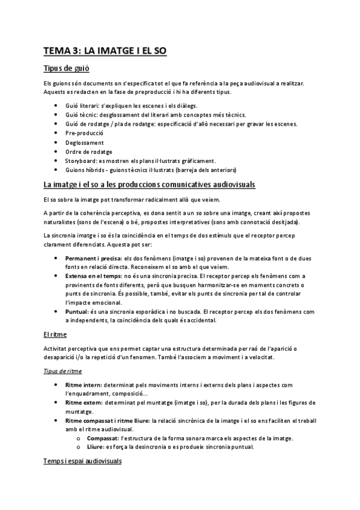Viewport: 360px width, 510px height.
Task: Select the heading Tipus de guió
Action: tap(63, 69)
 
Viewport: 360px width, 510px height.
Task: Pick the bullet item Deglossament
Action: tap(85, 143)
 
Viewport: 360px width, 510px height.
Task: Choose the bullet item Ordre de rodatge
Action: tap(89, 152)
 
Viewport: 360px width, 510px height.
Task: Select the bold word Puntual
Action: tap(76, 312)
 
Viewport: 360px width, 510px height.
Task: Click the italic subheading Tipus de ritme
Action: tap(63, 372)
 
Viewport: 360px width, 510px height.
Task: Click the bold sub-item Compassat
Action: tap(103, 438)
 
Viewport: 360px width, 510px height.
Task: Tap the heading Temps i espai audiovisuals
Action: tap(82, 461)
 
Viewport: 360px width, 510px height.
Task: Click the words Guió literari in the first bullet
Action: tap(82, 106)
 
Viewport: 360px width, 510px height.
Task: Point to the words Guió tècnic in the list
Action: tap(80, 115)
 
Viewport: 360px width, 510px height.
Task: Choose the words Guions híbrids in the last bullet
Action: tap(85, 170)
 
